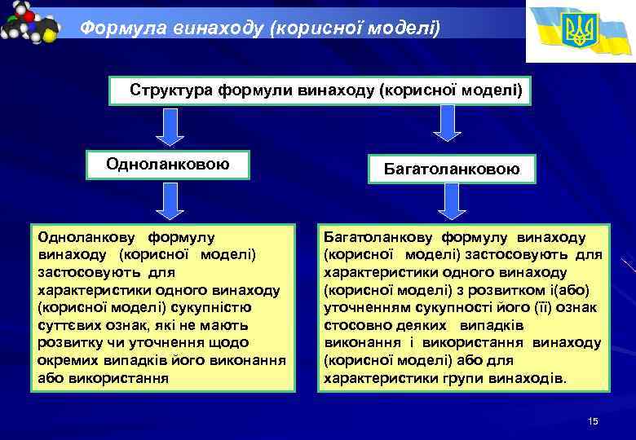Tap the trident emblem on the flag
(x=581, y=30)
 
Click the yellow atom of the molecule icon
(x=50, y=35)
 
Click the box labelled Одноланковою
(x=167, y=165)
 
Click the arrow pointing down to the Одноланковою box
(x=167, y=127)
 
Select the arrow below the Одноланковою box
(x=167, y=201)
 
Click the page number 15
(x=593, y=420)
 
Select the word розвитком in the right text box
(x=523, y=290)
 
